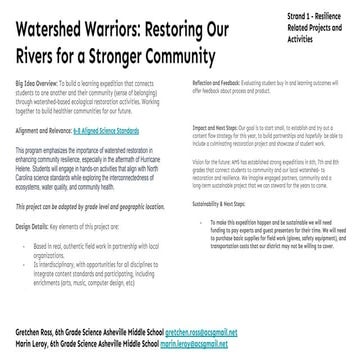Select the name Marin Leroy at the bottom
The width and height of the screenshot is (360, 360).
click(x=27, y=342)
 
